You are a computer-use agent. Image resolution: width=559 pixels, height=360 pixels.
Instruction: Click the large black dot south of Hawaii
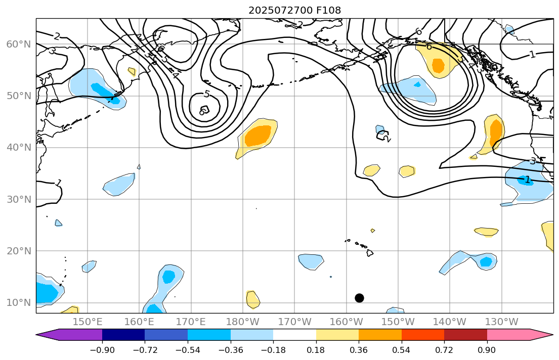click(x=359, y=298)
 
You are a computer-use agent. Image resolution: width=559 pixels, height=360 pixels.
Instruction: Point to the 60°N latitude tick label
click(x=18, y=44)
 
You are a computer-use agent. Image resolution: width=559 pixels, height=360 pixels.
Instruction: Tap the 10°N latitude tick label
click(x=18, y=303)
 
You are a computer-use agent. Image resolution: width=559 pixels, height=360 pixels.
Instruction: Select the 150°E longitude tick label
click(x=88, y=322)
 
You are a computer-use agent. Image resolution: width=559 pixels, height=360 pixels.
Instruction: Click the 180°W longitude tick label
click(x=243, y=322)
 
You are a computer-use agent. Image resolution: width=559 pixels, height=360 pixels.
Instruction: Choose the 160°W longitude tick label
click(x=346, y=322)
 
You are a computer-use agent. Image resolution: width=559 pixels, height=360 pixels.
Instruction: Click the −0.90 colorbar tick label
click(x=102, y=350)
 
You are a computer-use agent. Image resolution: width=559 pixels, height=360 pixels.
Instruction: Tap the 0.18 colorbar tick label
click(x=316, y=350)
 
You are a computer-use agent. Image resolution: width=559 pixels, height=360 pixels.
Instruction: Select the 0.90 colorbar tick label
click(x=487, y=350)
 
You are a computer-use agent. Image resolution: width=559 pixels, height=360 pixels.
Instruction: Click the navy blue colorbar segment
click(x=123, y=335)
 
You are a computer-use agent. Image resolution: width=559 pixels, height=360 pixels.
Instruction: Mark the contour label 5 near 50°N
click(x=206, y=94)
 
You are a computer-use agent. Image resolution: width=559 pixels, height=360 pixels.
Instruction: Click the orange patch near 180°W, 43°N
click(x=258, y=135)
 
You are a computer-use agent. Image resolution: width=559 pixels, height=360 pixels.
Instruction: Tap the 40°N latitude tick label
click(x=18, y=148)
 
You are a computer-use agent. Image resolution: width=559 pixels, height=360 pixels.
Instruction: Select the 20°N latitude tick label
click(x=18, y=251)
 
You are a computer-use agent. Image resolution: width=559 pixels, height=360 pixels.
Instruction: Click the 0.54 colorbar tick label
click(x=402, y=350)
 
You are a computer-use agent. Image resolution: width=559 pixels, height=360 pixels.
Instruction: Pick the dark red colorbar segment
click(x=465, y=335)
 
